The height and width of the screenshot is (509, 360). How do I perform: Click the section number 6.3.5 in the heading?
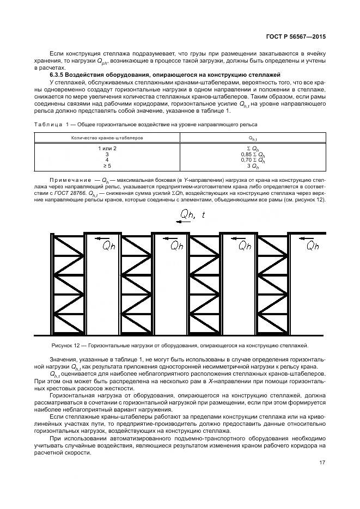(58, 73)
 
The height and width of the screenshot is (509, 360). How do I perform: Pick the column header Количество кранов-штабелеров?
(107, 138)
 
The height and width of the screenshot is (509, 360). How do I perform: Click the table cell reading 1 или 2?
(107, 148)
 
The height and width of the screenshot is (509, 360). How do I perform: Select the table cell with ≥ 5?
(107, 166)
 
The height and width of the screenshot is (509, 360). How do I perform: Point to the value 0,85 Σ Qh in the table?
(252, 154)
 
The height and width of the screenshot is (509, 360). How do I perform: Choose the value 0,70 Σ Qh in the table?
(252, 160)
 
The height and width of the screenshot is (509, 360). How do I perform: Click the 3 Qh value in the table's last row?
(252, 166)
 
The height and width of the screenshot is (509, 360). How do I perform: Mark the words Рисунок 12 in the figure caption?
(66, 345)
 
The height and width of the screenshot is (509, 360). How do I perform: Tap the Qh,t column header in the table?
(252, 138)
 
